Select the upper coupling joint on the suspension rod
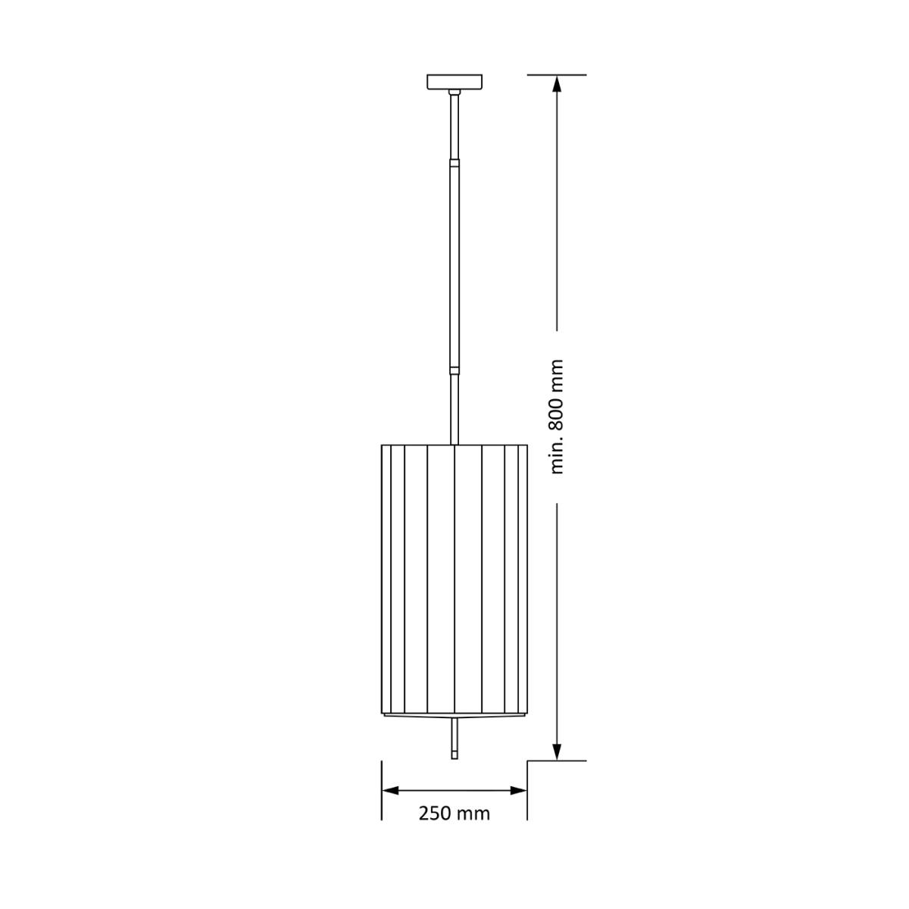[x=454, y=162]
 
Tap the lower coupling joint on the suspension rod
[x=454, y=371]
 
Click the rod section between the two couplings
[x=454, y=265]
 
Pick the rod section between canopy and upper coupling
[x=454, y=125]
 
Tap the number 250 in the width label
[x=436, y=814]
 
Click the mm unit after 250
[x=473, y=814]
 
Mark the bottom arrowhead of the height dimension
[x=558, y=751]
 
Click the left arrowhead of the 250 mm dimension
[x=390, y=790]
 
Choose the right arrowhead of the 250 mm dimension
[x=518, y=790]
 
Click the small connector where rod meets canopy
[x=454, y=93]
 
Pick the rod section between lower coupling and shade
[x=454, y=409]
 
